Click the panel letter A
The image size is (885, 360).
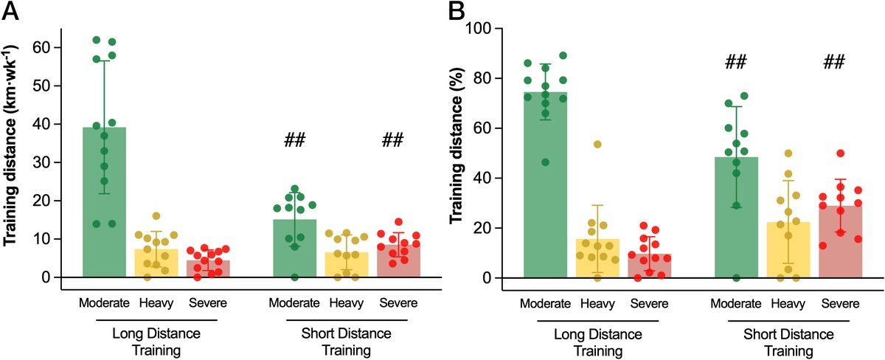pos(13,12)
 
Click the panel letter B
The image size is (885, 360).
pos(457,12)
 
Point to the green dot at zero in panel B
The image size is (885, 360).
pos(735,277)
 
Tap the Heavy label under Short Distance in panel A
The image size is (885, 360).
pos(347,302)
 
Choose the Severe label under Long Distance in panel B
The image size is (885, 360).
pos(650,303)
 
